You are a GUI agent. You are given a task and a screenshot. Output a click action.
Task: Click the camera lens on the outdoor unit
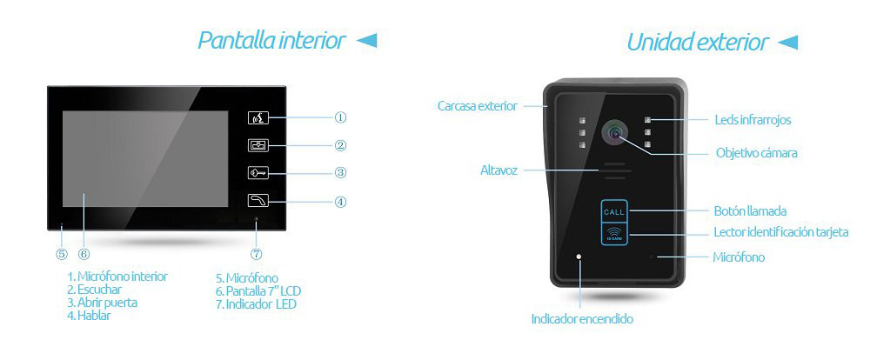[x=614, y=131]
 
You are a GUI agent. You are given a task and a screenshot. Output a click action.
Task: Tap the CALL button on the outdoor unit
[x=613, y=211]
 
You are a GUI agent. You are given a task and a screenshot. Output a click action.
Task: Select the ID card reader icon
[x=613, y=233]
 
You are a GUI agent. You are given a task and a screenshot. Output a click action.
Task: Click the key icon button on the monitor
[x=258, y=173]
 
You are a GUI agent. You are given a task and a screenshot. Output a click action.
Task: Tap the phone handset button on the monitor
[x=258, y=201]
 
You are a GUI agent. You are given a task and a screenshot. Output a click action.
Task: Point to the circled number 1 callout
[x=340, y=117]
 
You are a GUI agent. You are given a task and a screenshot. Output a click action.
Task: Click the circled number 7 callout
[x=256, y=254]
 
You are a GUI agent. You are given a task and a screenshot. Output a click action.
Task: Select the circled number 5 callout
[x=62, y=254]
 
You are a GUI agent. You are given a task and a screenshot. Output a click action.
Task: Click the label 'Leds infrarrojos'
[x=753, y=120]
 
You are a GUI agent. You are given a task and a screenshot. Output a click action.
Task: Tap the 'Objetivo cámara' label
[x=756, y=152]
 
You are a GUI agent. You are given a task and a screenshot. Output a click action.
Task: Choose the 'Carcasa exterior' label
[x=477, y=105]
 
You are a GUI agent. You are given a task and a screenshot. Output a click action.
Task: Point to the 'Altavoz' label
[x=499, y=170]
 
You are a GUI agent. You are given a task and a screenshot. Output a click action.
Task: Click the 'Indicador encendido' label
[x=582, y=319]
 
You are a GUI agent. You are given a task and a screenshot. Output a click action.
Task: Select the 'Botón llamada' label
[x=750, y=210]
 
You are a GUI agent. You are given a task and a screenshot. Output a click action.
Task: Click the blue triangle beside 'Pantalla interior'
[x=366, y=41]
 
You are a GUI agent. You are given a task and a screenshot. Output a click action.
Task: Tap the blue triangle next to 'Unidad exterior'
[x=787, y=42]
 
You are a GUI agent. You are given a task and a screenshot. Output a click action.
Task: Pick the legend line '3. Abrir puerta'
[x=102, y=303]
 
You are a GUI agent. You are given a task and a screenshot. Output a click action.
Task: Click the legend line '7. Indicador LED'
[x=256, y=304]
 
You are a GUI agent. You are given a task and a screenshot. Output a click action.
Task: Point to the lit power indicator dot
[x=579, y=257]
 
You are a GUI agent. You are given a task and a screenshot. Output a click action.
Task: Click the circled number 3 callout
[x=340, y=172]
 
